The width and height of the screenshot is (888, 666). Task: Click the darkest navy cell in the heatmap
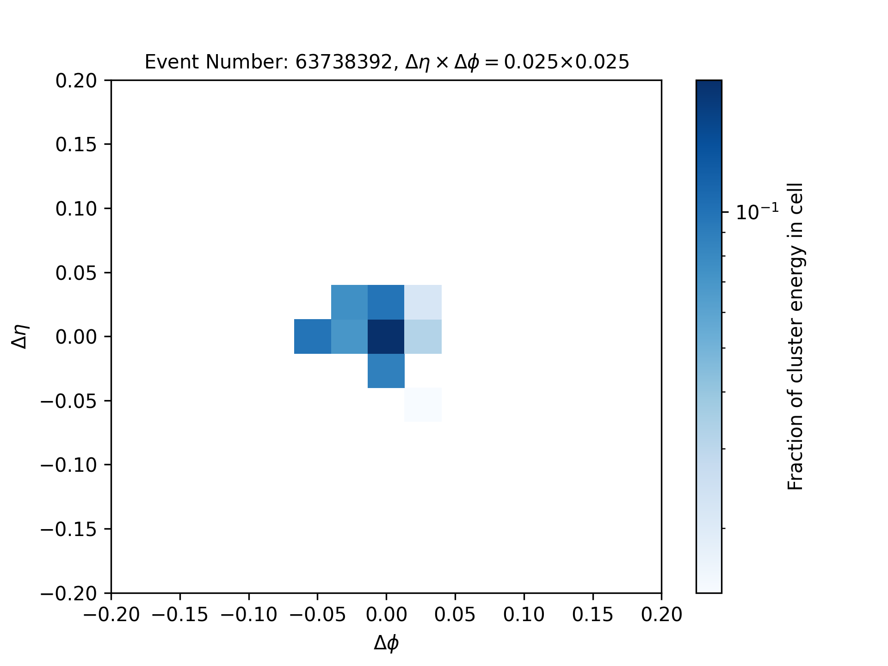point(386,337)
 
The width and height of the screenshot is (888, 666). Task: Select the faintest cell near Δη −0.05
point(423,405)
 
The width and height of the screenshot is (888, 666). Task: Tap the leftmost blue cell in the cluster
point(313,337)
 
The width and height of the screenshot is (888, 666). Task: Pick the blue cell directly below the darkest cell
point(386,371)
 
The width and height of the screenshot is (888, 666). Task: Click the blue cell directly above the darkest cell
point(386,302)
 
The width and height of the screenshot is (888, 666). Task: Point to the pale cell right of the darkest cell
point(423,337)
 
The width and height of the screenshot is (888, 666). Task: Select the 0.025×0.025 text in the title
point(567,62)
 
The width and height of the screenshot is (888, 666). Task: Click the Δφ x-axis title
point(386,643)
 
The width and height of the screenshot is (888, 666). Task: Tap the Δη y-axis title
point(21,336)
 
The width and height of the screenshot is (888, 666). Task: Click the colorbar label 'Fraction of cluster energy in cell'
point(795,336)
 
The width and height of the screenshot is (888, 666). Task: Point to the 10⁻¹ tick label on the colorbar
point(757,212)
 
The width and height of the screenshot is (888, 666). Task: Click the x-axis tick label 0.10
point(524,615)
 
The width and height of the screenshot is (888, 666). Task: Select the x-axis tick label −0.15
point(179,615)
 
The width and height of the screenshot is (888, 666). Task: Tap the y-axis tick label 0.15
point(76,145)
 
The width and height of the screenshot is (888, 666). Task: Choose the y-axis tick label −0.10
point(68,465)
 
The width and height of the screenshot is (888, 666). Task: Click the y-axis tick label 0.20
point(76,80)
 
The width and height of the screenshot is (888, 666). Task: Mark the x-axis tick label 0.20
point(661,615)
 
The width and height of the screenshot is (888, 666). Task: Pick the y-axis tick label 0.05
point(76,273)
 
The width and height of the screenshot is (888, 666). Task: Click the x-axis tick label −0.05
point(317,615)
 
